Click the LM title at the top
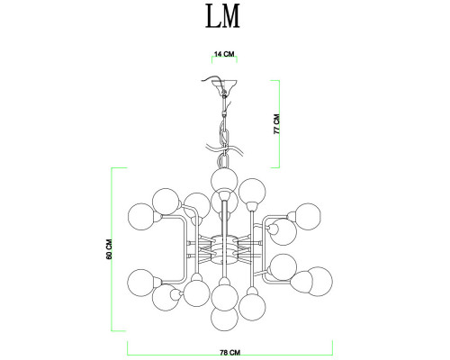(x=222, y=16)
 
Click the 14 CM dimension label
(x=224, y=54)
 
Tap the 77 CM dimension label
(x=276, y=124)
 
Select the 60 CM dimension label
(x=109, y=249)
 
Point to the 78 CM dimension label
(x=230, y=352)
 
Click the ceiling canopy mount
(x=224, y=85)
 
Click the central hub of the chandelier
(x=224, y=250)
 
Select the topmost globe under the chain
(x=224, y=181)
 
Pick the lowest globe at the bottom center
(x=224, y=319)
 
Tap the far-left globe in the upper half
(x=141, y=217)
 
